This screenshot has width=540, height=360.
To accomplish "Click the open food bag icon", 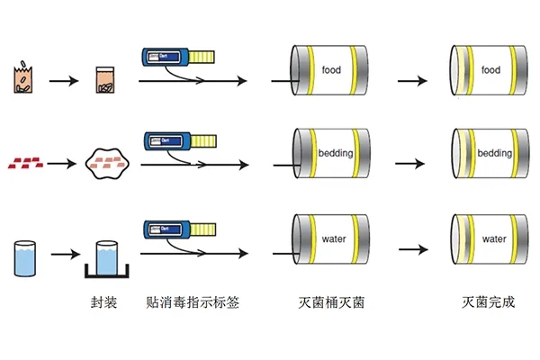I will click(x=22, y=79).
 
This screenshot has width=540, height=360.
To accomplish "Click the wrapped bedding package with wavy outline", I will click(x=107, y=163).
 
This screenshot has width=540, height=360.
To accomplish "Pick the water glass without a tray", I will click(x=26, y=256).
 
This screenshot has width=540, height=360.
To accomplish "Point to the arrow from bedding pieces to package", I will click(x=62, y=164).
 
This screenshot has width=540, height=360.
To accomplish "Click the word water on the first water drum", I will click(x=333, y=238).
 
